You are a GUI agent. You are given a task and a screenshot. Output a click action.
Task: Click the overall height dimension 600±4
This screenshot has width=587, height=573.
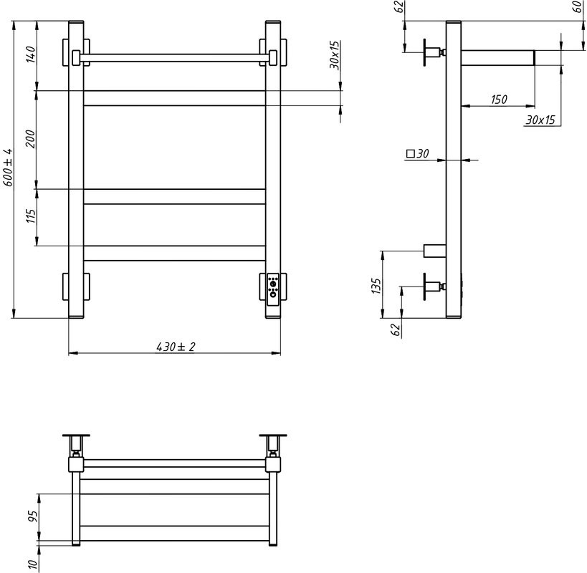pyautogui.click(x=8, y=167)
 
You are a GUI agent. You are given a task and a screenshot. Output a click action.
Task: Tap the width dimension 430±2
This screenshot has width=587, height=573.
pyautogui.click(x=176, y=347)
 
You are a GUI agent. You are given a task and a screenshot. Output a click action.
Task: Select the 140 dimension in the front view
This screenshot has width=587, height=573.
pyautogui.click(x=31, y=54)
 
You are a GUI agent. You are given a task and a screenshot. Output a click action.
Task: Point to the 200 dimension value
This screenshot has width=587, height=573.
pyautogui.click(x=31, y=139)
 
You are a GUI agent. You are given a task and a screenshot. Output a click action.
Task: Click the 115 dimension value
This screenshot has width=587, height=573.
pyautogui.click(x=31, y=216)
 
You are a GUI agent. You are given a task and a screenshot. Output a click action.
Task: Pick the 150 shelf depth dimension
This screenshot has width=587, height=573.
pyautogui.click(x=499, y=100)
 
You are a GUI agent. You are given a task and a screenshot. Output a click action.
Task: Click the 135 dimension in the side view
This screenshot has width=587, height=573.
pyautogui.click(x=376, y=286)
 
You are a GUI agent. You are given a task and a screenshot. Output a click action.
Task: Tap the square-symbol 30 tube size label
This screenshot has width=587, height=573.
pyautogui.click(x=417, y=153)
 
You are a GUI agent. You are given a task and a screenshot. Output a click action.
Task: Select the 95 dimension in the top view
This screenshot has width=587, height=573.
pyautogui.click(x=33, y=516)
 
